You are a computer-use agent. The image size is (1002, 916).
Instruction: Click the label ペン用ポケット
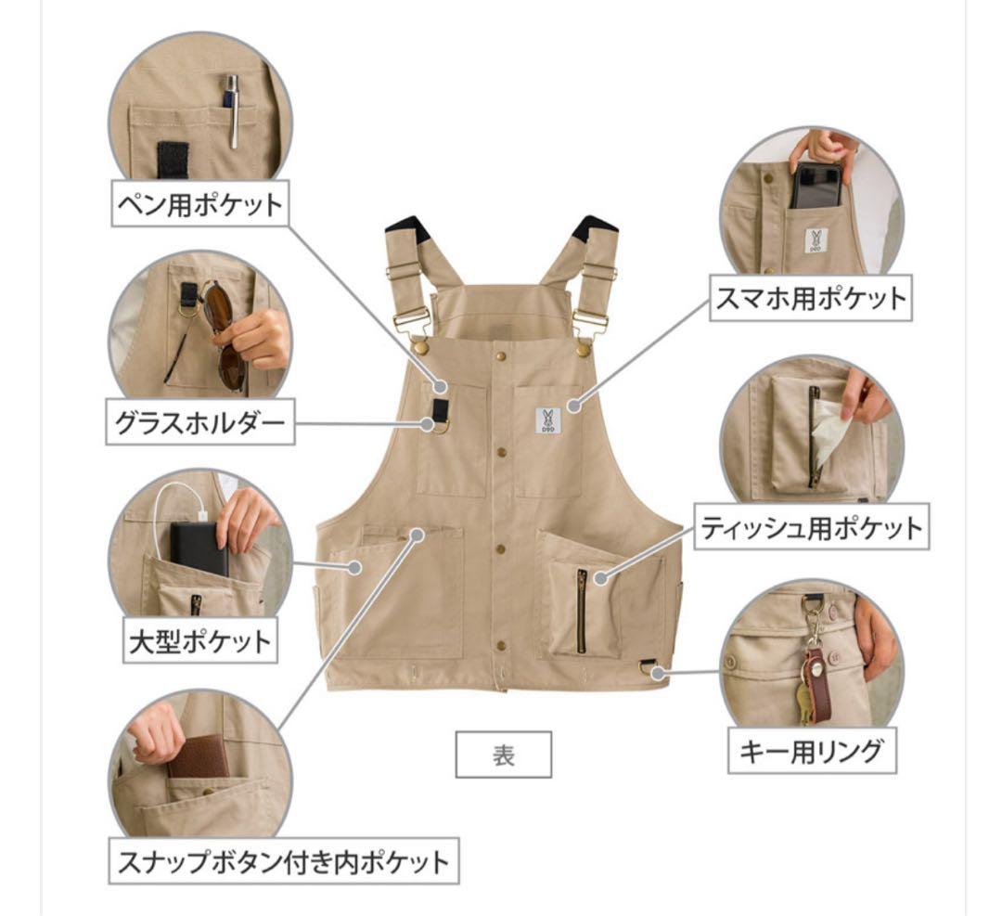[198, 204]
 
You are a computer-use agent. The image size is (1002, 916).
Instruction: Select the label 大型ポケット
[200, 640]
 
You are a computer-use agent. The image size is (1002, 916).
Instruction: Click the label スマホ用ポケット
[810, 299]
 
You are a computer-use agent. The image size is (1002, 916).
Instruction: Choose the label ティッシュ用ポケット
[810, 528]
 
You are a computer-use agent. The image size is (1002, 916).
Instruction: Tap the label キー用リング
[810, 752]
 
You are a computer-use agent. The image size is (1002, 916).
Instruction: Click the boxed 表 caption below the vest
[503, 756]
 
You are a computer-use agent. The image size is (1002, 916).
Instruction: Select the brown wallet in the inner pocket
[198, 757]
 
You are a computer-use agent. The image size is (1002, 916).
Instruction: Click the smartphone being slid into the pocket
[816, 186]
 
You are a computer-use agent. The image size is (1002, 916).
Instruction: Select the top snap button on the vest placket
[500, 355]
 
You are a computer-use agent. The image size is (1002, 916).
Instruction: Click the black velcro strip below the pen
[173, 160]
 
